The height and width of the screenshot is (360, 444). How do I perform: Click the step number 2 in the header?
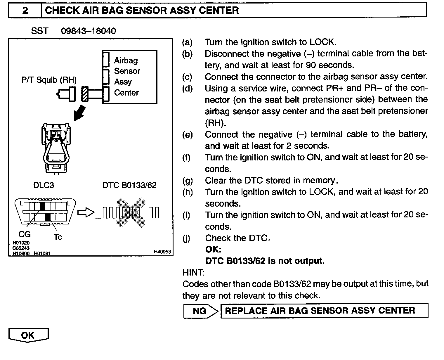[25, 11]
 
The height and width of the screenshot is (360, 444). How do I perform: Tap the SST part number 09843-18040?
[88, 31]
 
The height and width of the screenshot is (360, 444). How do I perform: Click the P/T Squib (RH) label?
[49, 80]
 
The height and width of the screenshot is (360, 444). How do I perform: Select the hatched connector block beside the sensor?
[85, 94]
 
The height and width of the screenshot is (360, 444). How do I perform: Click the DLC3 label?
[44, 185]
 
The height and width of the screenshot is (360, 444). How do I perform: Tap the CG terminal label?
[25, 234]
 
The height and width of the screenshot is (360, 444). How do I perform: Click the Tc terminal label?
[58, 237]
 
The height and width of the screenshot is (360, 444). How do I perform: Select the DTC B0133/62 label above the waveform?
[129, 185]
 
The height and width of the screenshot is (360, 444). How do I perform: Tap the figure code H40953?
[162, 252]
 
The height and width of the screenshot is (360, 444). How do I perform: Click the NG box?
[200, 311]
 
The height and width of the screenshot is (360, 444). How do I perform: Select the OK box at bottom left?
[28, 335]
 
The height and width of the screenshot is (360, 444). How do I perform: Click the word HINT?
[193, 272]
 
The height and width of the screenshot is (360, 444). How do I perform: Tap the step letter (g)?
[187, 181]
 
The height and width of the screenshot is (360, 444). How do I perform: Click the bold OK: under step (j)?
[213, 249]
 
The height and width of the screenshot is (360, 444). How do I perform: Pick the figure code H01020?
[21, 243]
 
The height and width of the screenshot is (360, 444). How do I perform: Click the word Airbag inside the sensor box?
[126, 60]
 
